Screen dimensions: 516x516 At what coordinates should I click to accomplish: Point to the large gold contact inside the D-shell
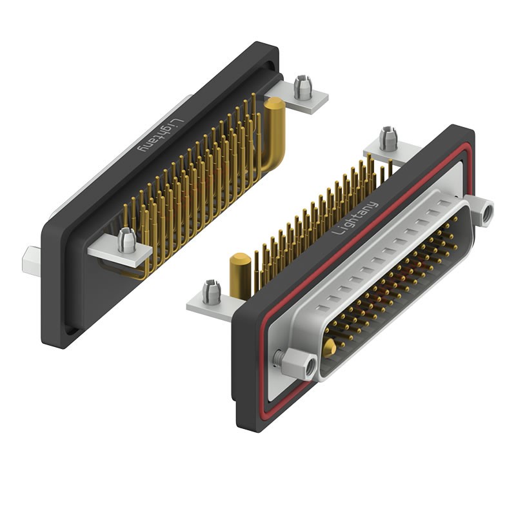(x=329, y=348)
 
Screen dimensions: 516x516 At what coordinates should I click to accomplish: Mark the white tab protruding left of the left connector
(x=30, y=258)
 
